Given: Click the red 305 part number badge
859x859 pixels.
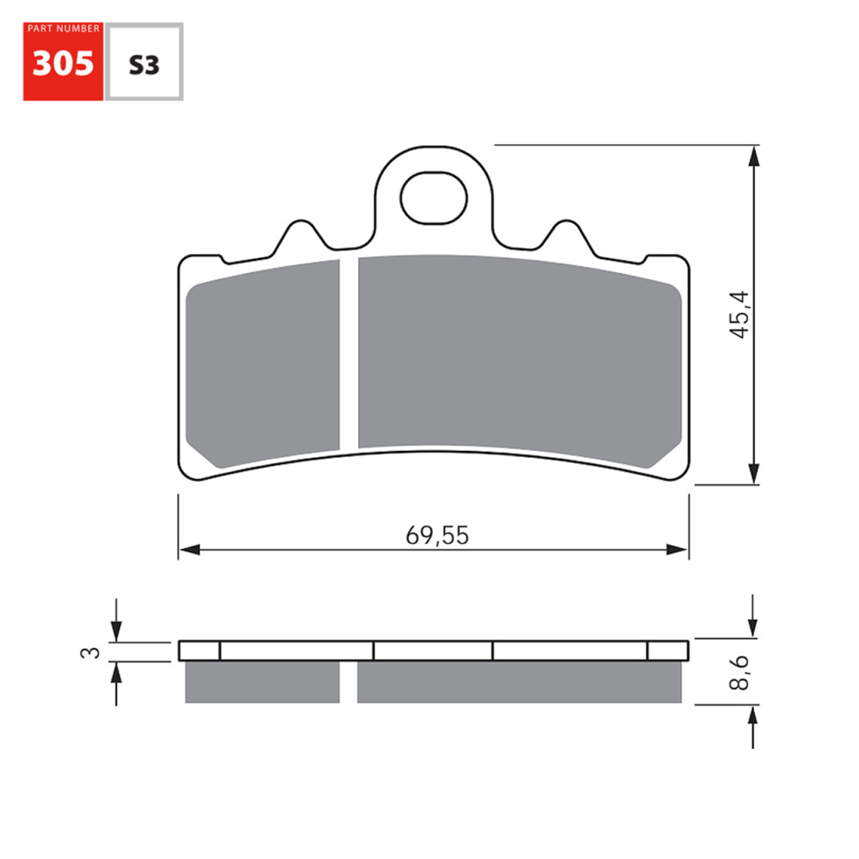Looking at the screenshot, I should (x=63, y=65).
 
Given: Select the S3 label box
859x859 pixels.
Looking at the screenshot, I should (x=143, y=65).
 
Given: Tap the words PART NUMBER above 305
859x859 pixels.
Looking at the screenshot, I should (x=63, y=29).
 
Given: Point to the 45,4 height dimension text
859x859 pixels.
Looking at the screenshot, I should (x=740, y=314).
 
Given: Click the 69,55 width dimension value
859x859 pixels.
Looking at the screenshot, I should (x=437, y=535).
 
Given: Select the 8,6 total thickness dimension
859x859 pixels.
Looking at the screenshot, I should (x=740, y=672).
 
